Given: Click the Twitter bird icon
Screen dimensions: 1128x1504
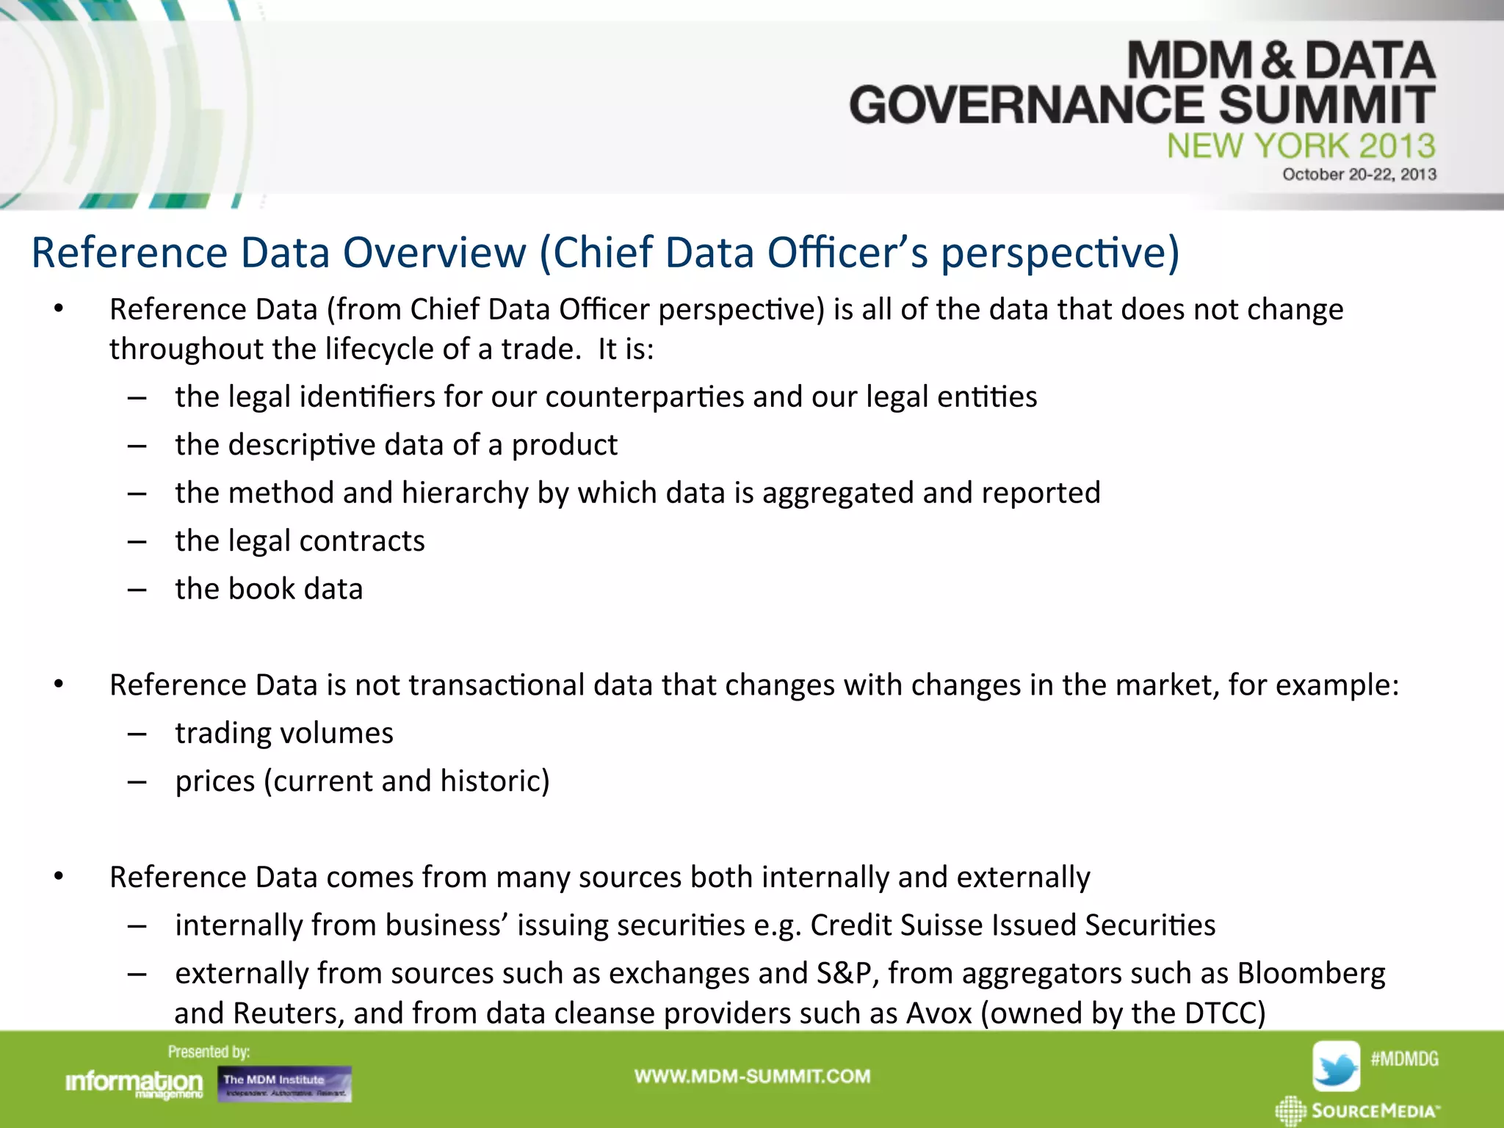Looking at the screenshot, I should (1336, 1066).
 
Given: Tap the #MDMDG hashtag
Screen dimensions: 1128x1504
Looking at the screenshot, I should (1404, 1059).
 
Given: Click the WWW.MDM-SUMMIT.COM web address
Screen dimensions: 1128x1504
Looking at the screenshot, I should (752, 1077).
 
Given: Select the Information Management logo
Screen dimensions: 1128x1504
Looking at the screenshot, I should (134, 1084).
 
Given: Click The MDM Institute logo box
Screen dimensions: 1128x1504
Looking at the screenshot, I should (284, 1084).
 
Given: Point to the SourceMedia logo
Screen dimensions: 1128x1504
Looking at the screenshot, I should (1359, 1110).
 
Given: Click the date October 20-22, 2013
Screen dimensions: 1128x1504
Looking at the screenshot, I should (1359, 175).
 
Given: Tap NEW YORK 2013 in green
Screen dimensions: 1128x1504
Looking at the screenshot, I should (1301, 145).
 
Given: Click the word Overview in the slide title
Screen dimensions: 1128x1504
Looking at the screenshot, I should (435, 253).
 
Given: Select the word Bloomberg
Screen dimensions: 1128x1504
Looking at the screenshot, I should (1311, 973).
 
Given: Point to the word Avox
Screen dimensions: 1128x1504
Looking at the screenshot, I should (939, 1013).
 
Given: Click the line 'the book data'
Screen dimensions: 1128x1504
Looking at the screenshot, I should (269, 589).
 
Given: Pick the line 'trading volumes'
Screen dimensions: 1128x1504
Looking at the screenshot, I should (284, 733).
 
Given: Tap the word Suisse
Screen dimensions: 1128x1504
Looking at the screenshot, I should (940, 925).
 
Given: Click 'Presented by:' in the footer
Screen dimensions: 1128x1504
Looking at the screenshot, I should (209, 1052).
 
